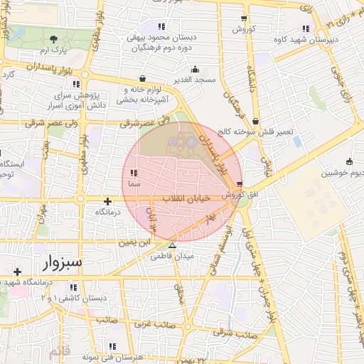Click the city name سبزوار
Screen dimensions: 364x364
61,264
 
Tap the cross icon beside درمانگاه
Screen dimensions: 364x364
107,201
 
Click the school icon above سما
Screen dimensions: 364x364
133,173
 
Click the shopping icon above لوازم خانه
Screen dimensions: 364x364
143,78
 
